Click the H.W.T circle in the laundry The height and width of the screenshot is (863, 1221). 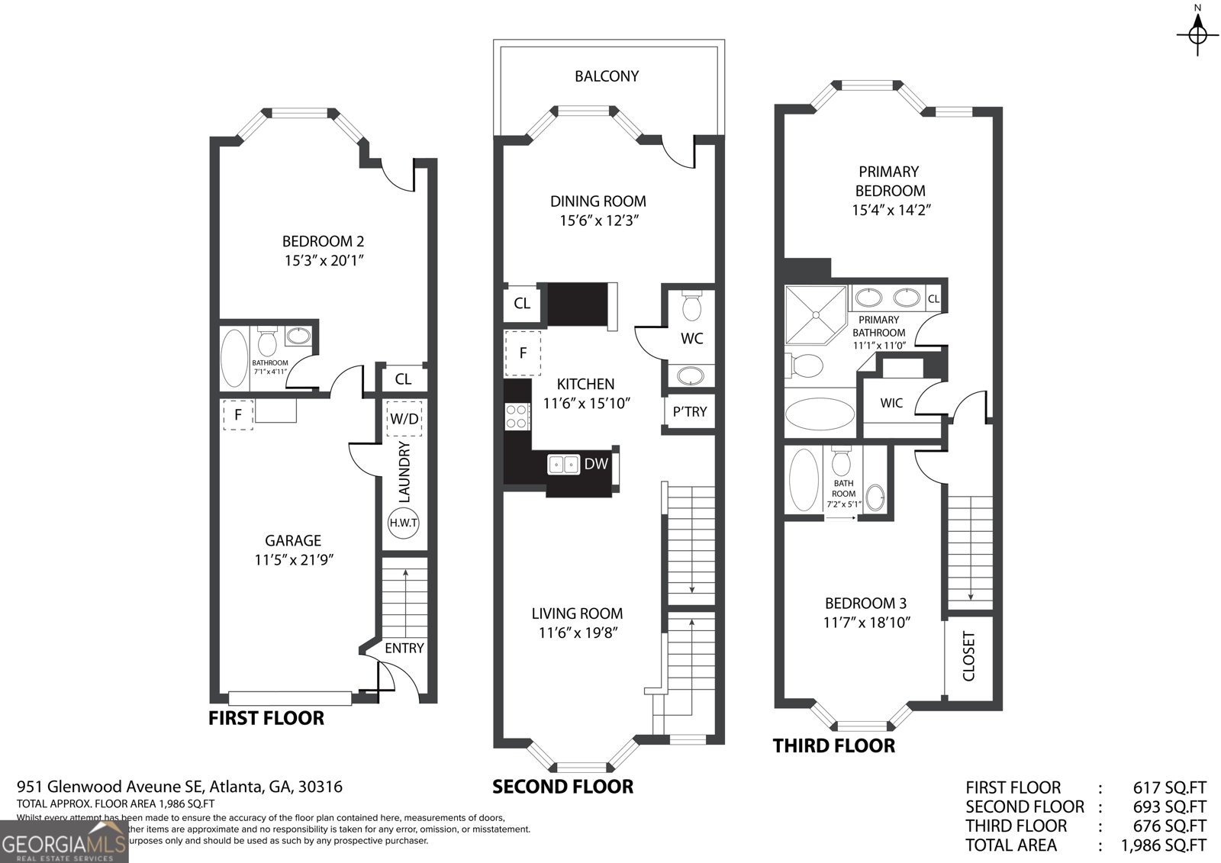tap(404, 523)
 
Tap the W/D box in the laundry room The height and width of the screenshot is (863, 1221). tap(404, 419)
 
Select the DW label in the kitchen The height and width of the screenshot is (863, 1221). tap(596, 463)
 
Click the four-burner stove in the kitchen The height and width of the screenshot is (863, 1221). tap(517, 416)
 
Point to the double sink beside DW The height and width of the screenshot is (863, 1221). tap(563, 463)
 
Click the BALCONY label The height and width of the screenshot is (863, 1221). tap(607, 76)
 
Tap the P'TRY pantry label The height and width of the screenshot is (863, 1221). tap(690, 412)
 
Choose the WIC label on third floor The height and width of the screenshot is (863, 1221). tap(891, 402)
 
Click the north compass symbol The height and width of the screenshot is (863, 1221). tap(1197, 34)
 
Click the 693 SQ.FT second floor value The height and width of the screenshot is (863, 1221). tap(1170, 807)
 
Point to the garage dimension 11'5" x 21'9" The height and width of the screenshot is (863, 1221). tap(295, 560)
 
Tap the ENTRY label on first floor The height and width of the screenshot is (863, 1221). tap(404, 648)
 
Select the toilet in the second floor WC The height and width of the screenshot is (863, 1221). tap(692, 307)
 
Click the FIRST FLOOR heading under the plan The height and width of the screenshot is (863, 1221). tap(266, 718)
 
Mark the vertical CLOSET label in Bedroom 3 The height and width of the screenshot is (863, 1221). tap(969, 655)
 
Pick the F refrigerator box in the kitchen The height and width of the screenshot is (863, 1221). tap(523, 353)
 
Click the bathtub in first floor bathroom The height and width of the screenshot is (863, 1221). tap(234, 358)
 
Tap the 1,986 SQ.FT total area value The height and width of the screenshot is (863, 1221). tap(1163, 845)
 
